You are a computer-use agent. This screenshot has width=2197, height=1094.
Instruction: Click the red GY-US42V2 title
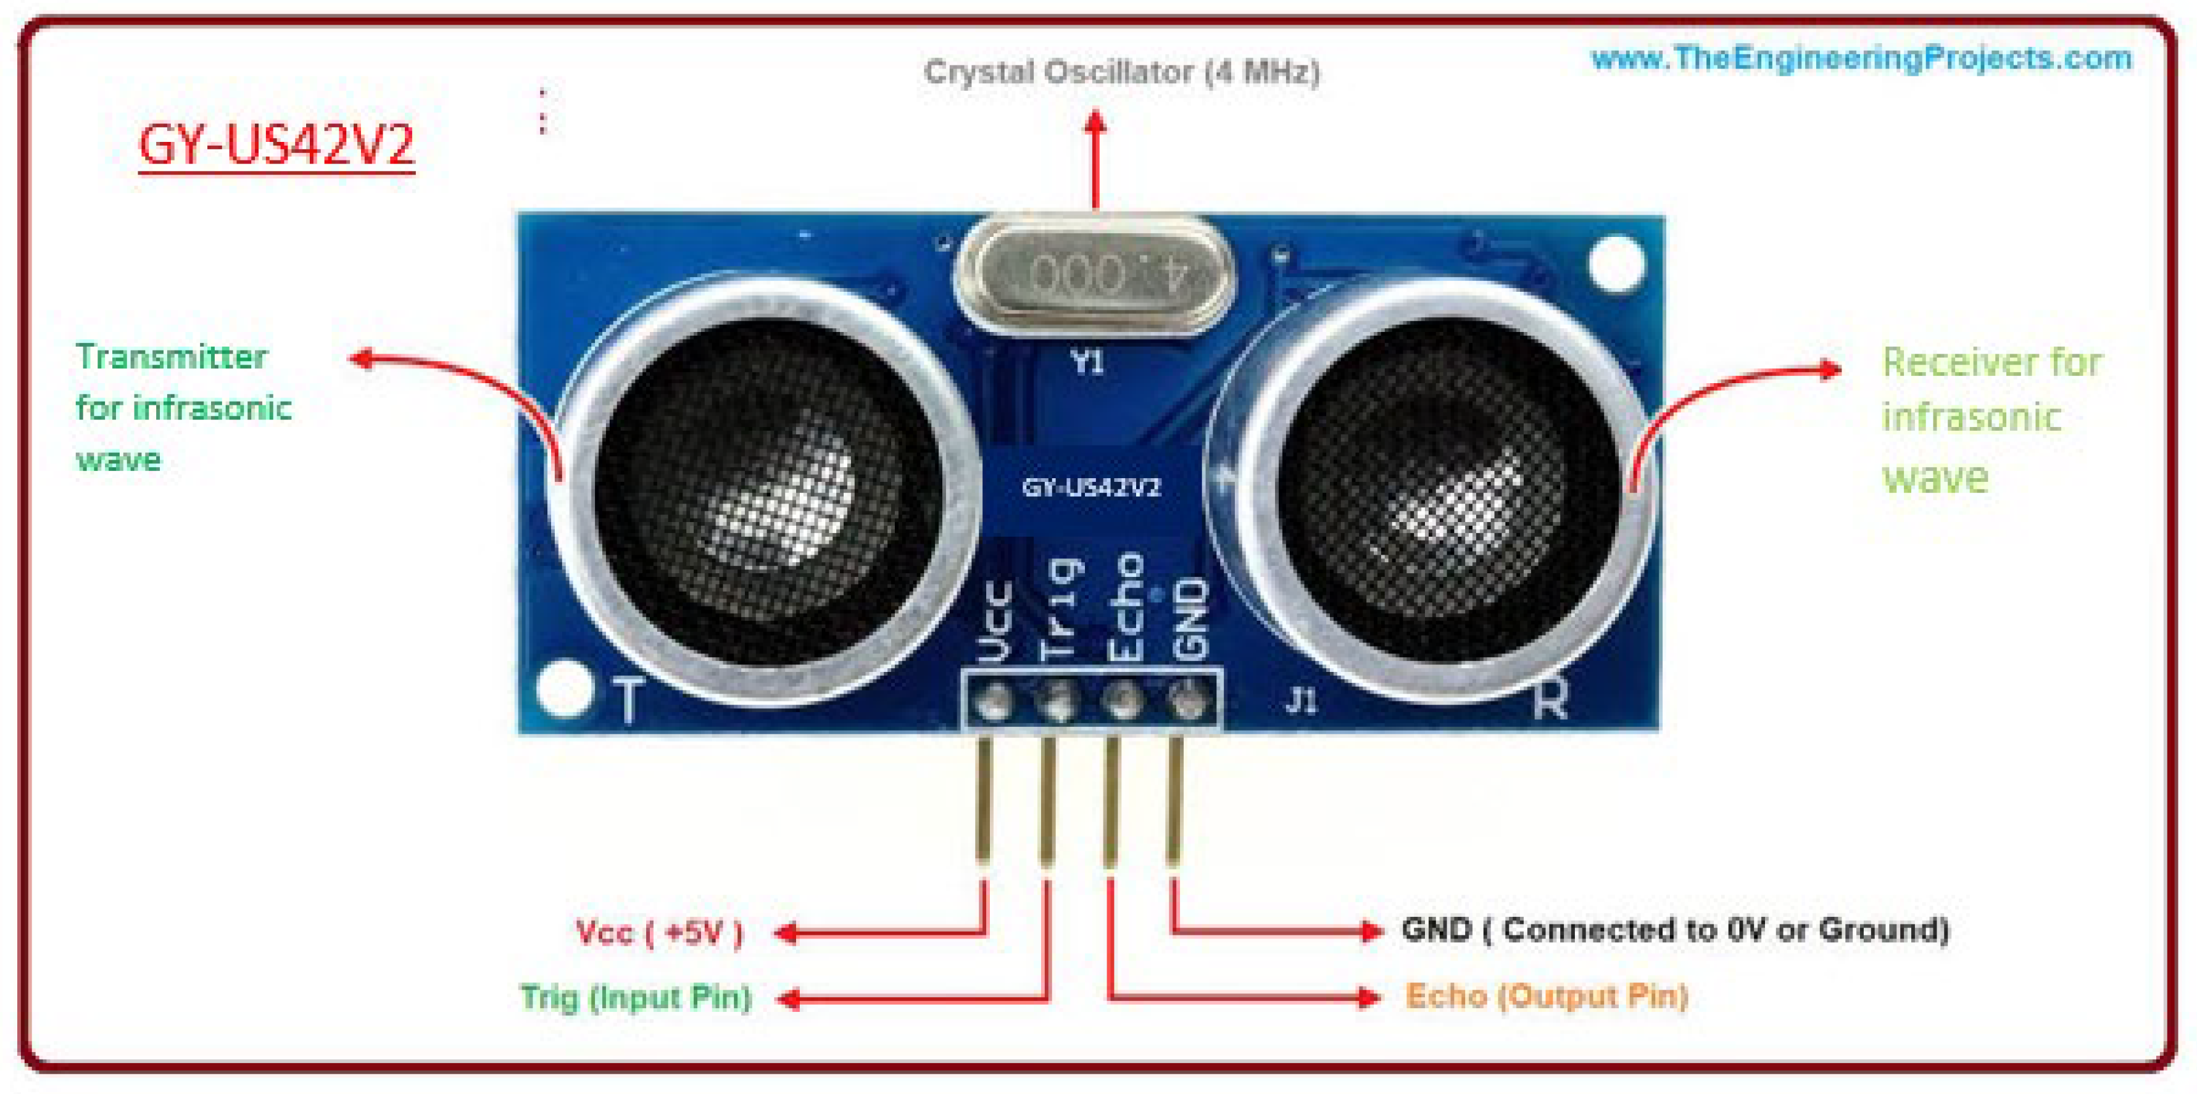276,145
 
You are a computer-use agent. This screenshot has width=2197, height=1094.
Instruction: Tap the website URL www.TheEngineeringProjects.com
1861,58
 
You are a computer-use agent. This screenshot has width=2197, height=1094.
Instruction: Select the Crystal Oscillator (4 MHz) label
1121,72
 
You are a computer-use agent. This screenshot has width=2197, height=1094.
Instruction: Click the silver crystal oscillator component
1094,275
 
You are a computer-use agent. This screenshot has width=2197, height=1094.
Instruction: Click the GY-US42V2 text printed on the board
1091,487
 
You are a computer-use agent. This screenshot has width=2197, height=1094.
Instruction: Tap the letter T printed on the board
628,700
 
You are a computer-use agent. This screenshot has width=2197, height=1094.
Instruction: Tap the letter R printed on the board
1550,701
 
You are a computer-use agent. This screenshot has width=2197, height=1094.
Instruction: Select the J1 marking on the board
1302,702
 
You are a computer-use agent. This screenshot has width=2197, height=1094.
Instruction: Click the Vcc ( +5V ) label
659,932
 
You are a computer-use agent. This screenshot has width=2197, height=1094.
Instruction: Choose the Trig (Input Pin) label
636,997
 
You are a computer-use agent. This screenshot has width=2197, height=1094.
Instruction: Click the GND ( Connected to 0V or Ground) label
1675,929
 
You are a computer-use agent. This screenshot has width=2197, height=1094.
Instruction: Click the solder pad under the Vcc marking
992,703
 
